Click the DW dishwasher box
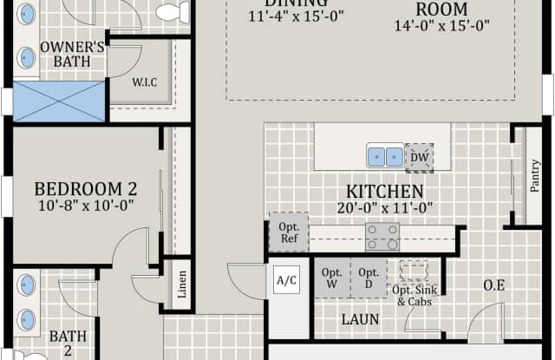[x=419, y=157]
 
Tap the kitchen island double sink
[x=384, y=156]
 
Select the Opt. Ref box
[x=288, y=232]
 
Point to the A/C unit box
[x=287, y=280]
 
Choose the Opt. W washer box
[x=332, y=278]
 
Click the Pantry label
[x=534, y=177]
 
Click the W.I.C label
[x=145, y=83]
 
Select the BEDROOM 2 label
[x=86, y=188]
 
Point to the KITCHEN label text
[x=385, y=192]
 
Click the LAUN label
[x=360, y=319]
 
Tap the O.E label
[x=494, y=285]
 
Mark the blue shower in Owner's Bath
[x=59, y=100]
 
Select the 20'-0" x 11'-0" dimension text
[x=385, y=208]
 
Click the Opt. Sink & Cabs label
[x=414, y=296]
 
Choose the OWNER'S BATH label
[x=73, y=53]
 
